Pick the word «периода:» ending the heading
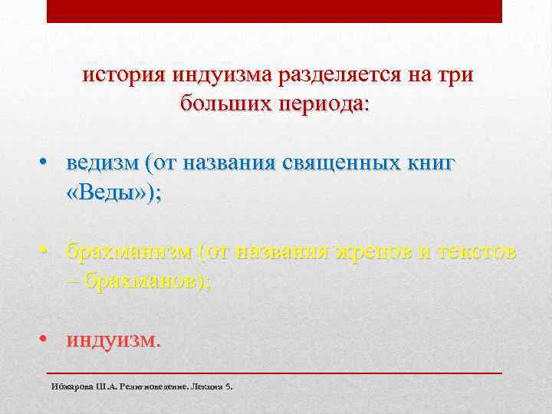point(323,103)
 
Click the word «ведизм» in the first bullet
point(106,163)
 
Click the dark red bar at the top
point(274,11)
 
